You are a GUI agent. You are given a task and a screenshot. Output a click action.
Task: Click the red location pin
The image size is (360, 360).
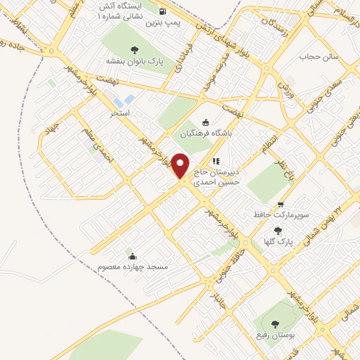[181, 166]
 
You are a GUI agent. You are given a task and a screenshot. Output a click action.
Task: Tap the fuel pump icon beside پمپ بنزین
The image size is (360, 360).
[163, 12]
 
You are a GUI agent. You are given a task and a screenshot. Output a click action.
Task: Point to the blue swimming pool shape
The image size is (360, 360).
[129, 101]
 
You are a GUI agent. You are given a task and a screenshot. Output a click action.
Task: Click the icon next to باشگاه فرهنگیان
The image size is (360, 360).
[205, 122]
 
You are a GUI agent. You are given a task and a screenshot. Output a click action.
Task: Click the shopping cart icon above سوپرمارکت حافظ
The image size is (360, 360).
[281, 204]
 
